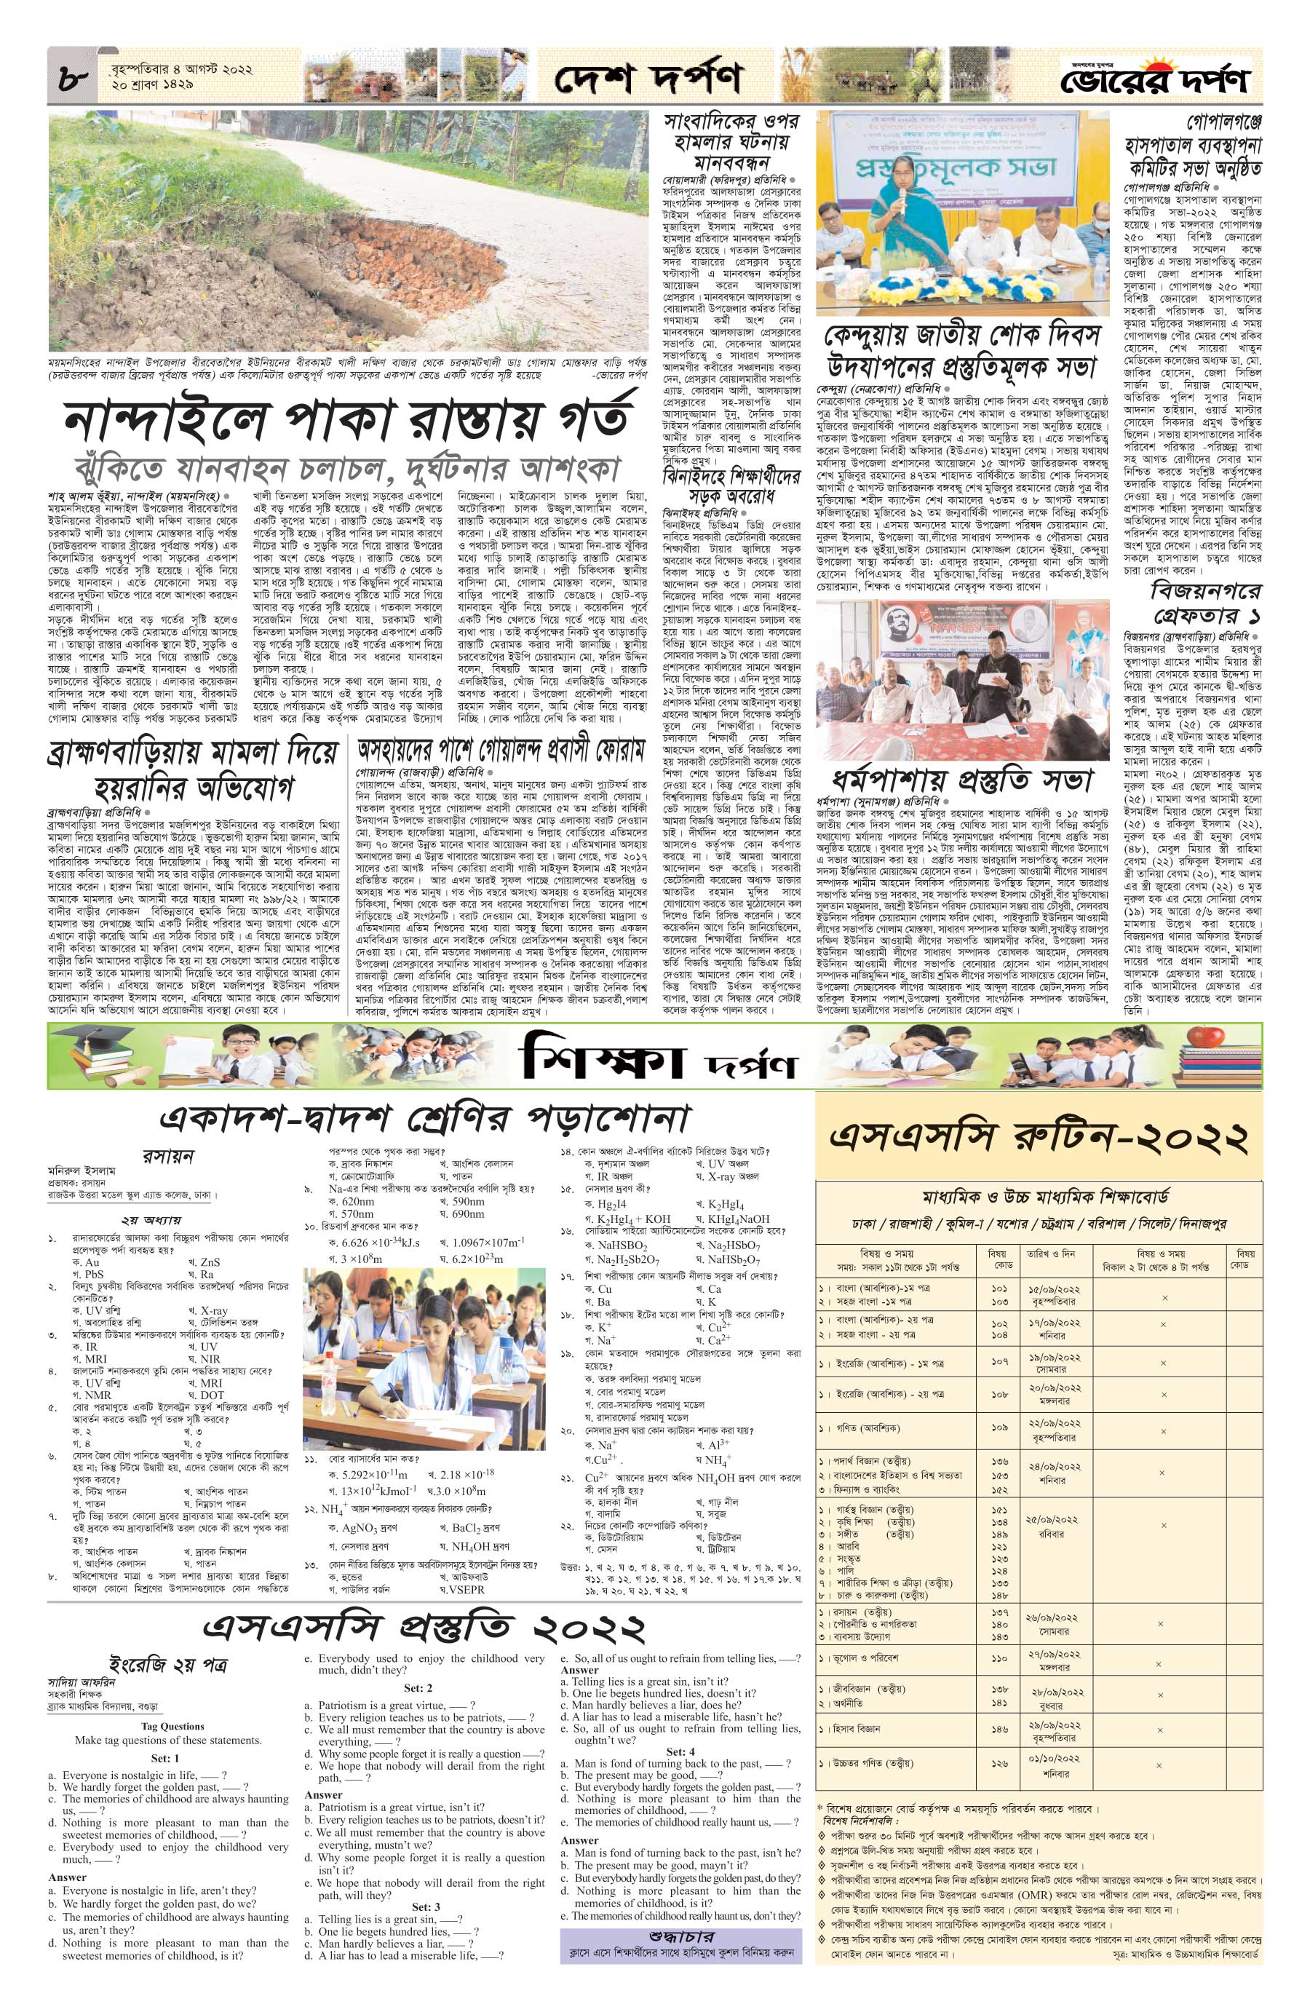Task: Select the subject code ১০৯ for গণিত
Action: (1001, 1428)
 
